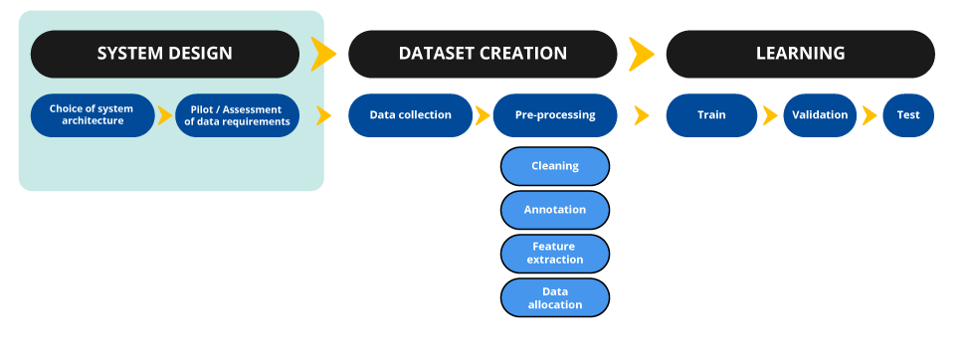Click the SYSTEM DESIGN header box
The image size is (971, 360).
click(164, 54)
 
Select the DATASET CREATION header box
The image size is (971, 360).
click(483, 54)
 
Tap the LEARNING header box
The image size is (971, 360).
click(800, 54)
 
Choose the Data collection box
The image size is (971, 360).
click(410, 115)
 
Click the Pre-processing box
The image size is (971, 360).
click(555, 115)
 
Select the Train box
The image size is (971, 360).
click(711, 115)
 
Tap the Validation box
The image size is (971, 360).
click(820, 115)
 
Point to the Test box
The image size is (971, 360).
click(907, 115)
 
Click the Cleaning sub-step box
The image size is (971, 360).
click(555, 166)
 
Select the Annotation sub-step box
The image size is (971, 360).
click(555, 210)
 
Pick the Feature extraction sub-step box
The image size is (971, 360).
click(555, 253)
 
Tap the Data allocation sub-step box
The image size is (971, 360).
click(555, 297)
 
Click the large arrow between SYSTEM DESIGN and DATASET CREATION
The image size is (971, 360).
click(323, 54)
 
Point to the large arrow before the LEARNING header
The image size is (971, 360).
click(642, 54)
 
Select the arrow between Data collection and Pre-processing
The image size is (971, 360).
click(483, 115)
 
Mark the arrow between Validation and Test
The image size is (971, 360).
click(870, 115)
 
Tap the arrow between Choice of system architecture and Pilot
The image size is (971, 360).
click(165, 115)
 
